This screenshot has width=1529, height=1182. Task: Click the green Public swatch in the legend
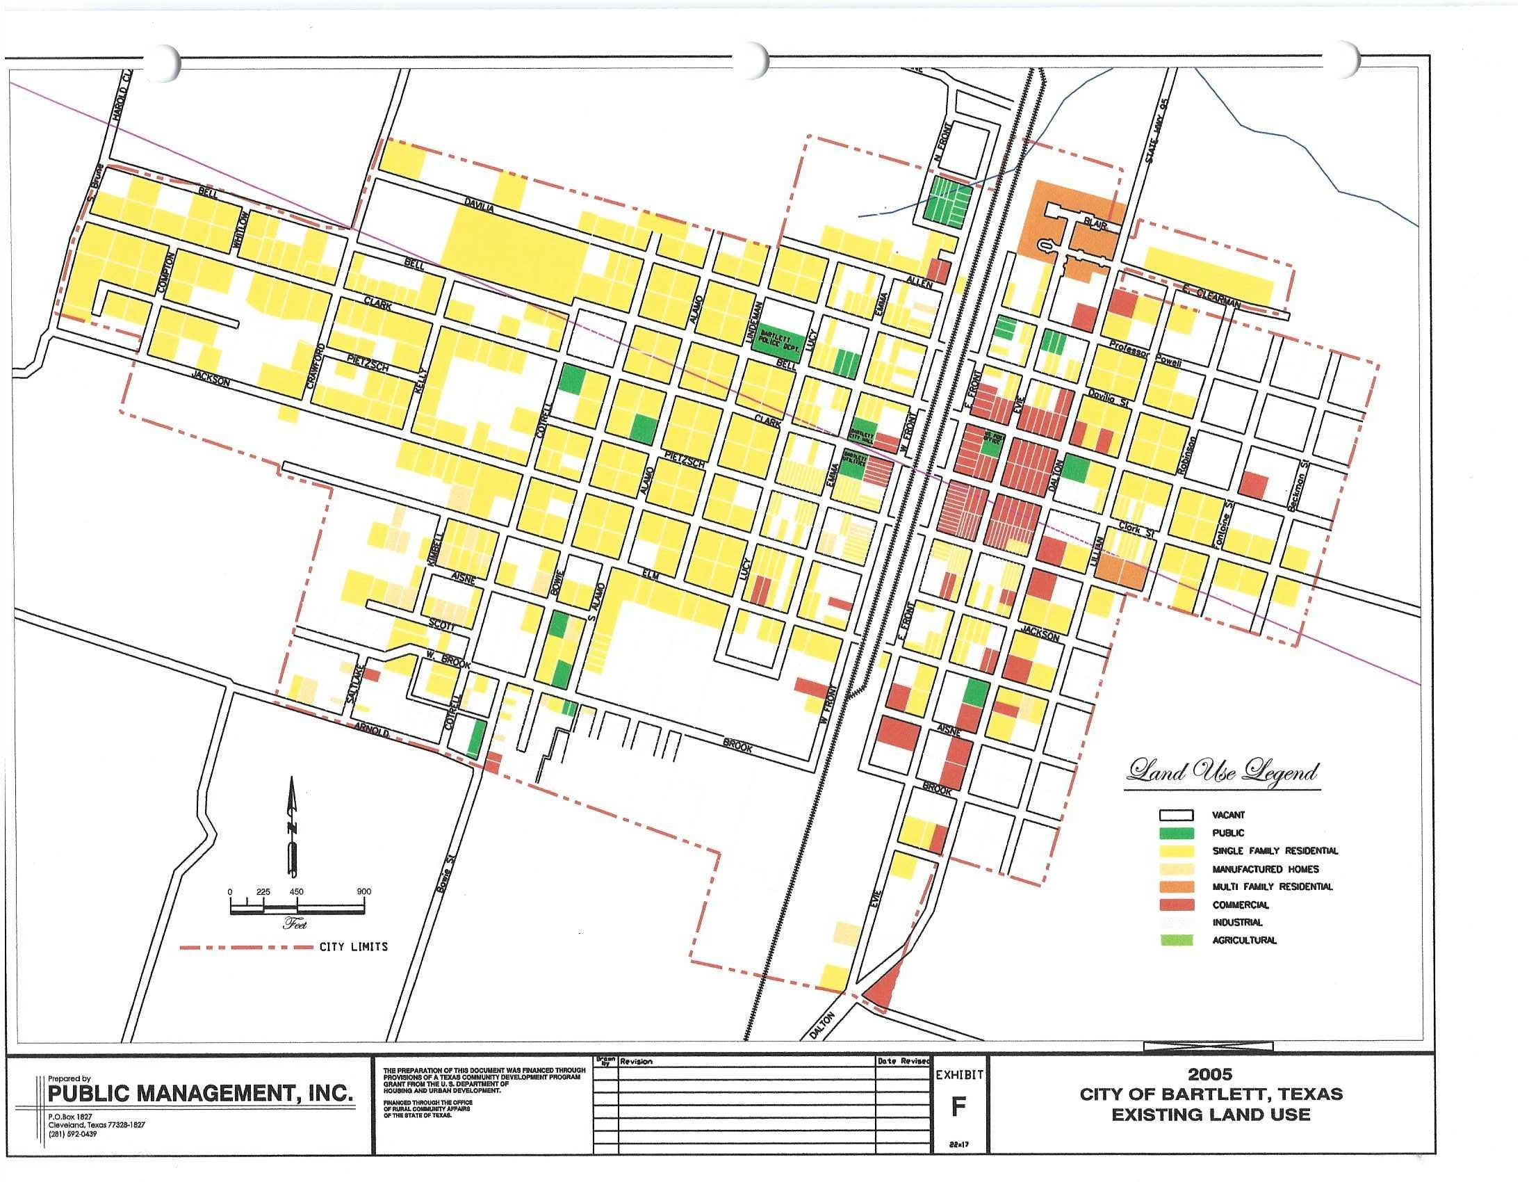tap(1176, 832)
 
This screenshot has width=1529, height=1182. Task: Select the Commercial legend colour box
tap(1176, 905)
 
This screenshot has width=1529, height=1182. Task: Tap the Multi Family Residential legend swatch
tap(1176, 886)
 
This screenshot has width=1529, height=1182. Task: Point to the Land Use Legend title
tap(1223, 772)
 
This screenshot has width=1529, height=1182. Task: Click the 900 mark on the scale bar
tap(363, 891)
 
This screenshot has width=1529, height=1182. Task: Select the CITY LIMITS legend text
tap(353, 947)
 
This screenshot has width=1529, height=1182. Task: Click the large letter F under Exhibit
tap(958, 1106)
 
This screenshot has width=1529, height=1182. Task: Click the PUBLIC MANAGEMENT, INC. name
tap(199, 1094)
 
